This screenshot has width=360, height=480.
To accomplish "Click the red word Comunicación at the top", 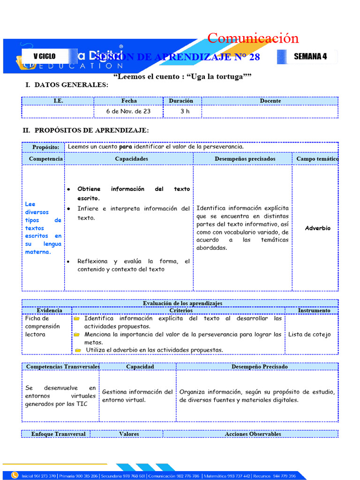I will (x=253, y=38).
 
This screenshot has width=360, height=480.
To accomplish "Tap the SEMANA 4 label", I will (x=310, y=57).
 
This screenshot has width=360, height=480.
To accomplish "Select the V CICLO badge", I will (x=45, y=56).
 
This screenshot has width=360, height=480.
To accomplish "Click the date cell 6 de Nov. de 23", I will (x=128, y=112).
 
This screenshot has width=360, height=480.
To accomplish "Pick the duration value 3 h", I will (x=185, y=112).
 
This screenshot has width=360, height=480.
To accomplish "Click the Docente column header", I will (x=270, y=101).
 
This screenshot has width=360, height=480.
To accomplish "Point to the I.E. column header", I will (x=58, y=101).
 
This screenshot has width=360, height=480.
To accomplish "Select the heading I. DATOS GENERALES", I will (x=67, y=85).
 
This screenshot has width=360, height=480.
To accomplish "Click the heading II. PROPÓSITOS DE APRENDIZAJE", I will (x=86, y=130).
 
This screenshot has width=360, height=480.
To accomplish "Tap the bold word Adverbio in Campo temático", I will (x=317, y=228).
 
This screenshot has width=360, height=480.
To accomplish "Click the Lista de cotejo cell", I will (x=309, y=334).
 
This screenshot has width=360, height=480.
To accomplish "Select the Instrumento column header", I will (x=314, y=310).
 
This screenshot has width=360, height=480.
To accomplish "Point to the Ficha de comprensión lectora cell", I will (x=43, y=326).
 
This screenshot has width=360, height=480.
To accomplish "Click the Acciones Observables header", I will (x=253, y=434).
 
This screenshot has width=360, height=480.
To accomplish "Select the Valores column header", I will (x=129, y=434).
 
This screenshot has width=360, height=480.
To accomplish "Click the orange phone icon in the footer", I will (x=15, y=476).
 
